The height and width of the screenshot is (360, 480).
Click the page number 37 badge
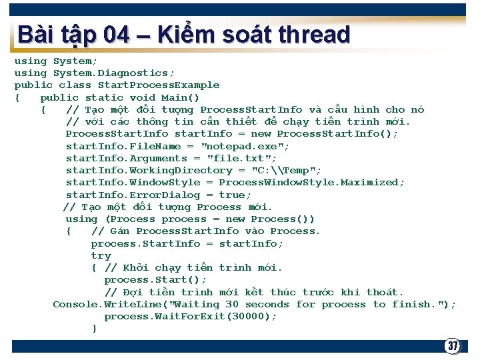(x=453, y=346)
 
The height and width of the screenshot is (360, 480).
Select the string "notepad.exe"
(x=245, y=146)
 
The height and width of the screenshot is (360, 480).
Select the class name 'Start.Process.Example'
(x=159, y=85)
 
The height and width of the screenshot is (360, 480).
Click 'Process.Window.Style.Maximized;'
(x=311, y=182)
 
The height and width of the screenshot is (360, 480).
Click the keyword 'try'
(x=101, y=255)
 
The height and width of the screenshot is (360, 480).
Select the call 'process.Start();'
(x=155, y=280)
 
